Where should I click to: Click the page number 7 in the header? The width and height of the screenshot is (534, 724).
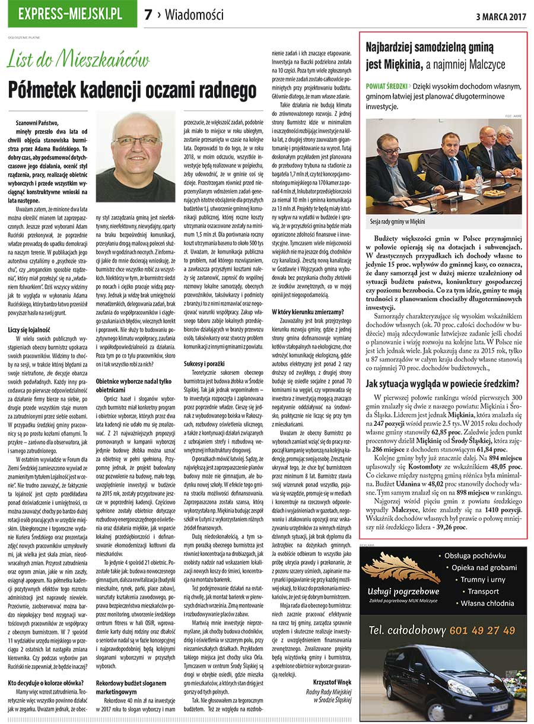pos(148,15)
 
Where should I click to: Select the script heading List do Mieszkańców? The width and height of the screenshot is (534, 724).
pos(78,61)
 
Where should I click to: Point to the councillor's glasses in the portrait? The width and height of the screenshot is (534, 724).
pos(136,141)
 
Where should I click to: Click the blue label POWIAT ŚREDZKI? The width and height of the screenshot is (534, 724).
pos(386,86)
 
